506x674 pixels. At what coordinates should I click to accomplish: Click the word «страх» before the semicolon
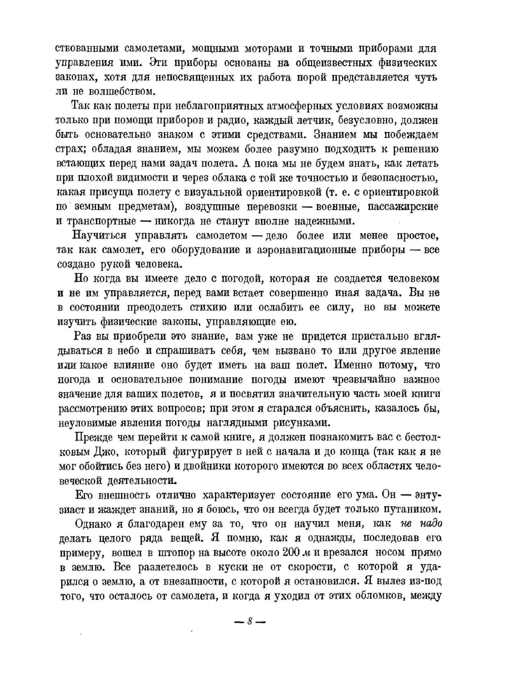[68, 149]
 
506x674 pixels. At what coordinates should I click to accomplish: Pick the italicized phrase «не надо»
[421, 523]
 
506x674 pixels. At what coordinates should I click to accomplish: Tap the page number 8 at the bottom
[250, 621]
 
